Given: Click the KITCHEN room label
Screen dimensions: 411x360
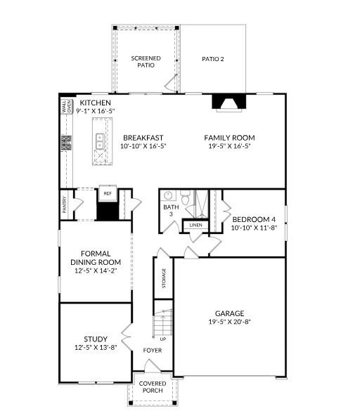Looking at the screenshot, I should click(x=95, y=103).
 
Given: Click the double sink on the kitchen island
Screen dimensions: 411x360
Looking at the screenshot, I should click(x=100, y=143).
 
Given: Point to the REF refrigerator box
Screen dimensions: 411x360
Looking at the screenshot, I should click(x=108, y=193).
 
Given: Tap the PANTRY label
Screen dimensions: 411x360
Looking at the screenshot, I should click(x=64, y=204).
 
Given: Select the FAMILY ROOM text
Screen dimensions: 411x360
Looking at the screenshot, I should click(x=229, y=138).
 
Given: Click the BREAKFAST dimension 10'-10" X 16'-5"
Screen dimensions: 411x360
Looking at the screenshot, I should click(x=143, y=147).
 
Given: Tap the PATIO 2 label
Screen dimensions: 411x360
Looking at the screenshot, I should click(x=212, y=59).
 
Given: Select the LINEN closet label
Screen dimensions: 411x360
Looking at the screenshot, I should click(x=195, y=226).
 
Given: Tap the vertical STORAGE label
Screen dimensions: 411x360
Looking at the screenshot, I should click(x=165, y=278).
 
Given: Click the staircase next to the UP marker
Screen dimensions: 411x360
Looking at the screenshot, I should click(x=163, y=325).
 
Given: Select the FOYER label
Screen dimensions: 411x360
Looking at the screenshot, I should click(x=153, y=350).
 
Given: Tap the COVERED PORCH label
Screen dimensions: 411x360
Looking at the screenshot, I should click(x=153, y=388).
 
